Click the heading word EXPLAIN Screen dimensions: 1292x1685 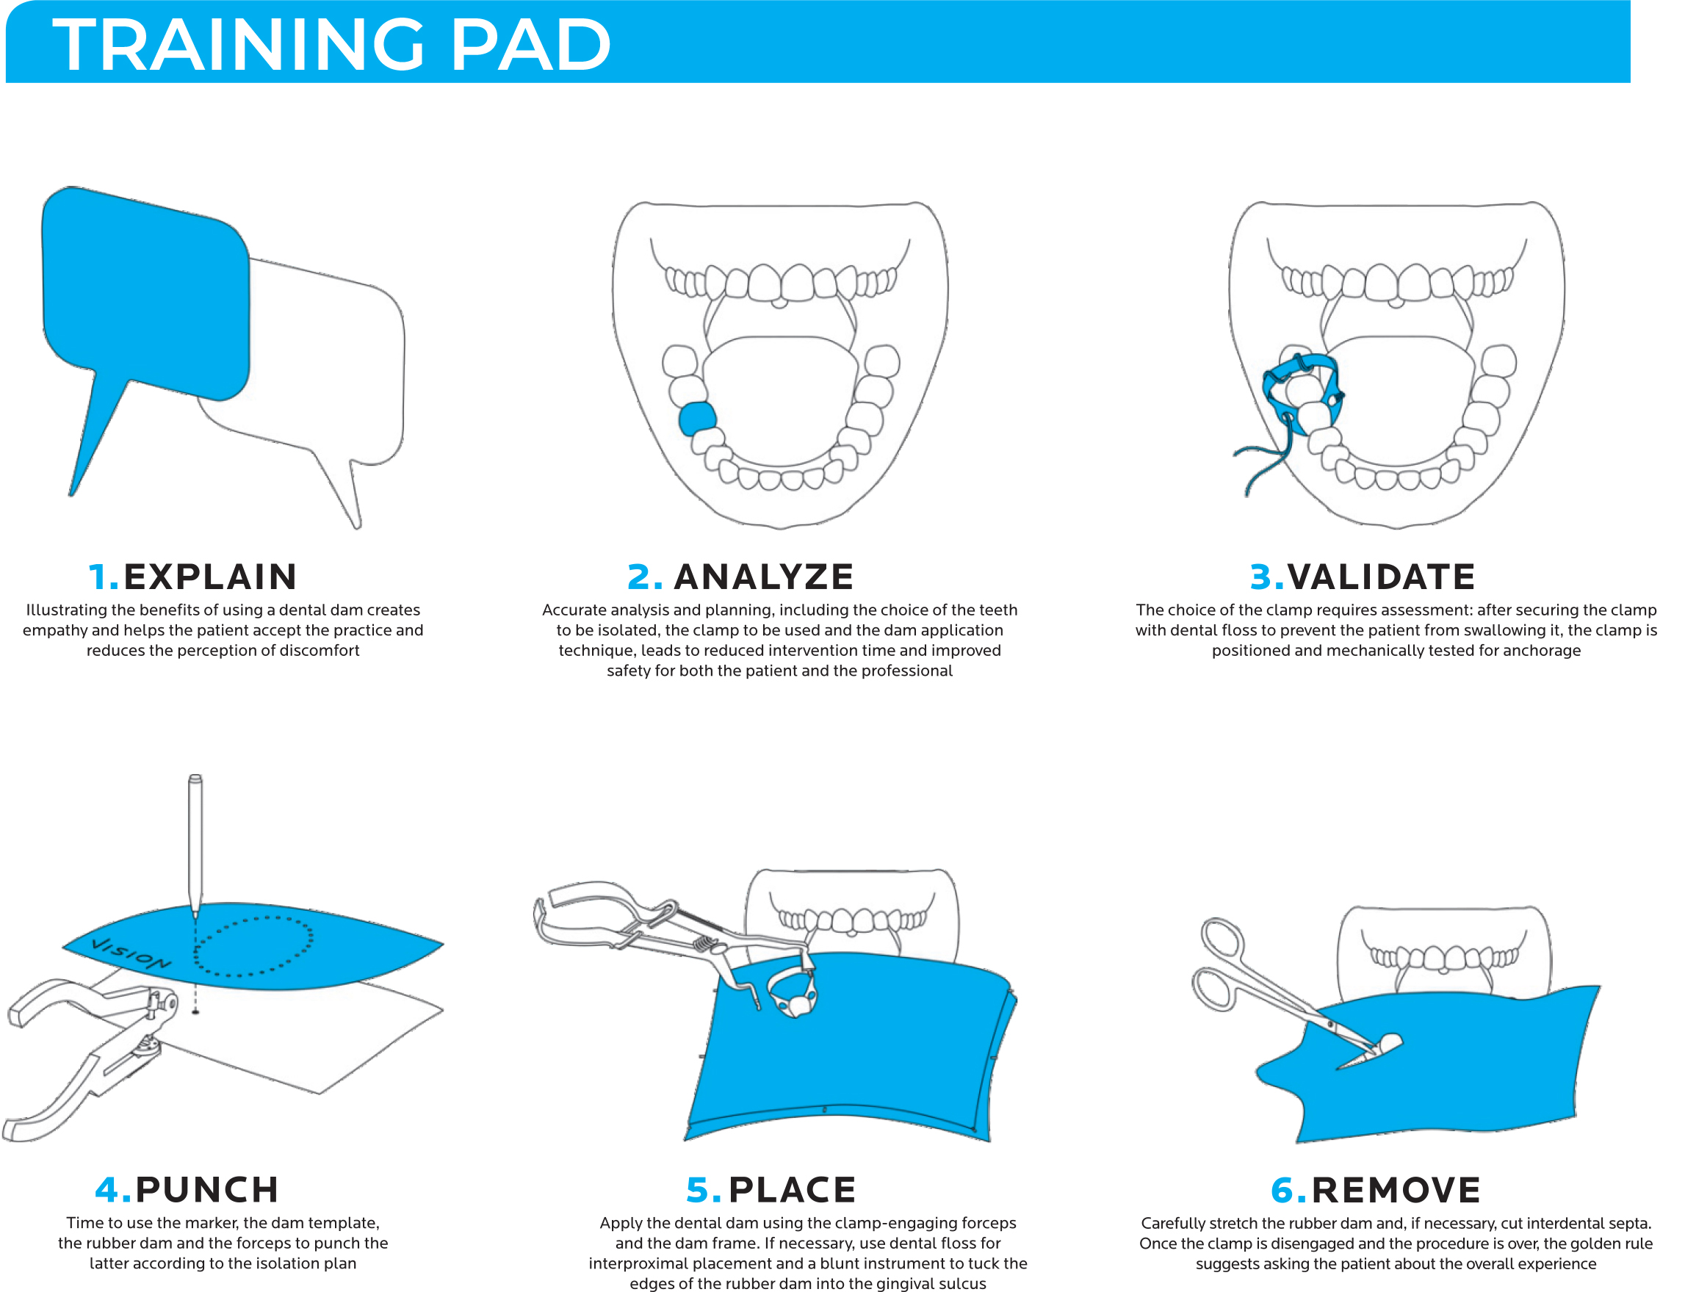pos(209,577)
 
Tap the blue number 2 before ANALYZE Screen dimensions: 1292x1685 pos(643,577)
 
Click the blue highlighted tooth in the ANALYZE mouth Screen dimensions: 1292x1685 pos(697,419)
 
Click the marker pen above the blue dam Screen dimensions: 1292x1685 pos(195,838)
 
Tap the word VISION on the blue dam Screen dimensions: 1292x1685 pos(131,953)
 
